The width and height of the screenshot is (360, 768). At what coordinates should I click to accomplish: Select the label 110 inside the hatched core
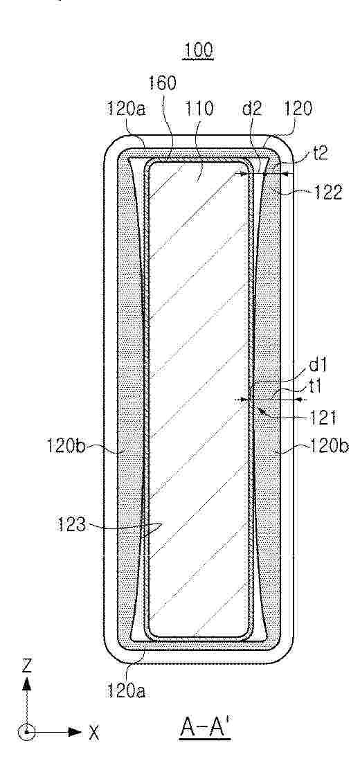click(200, 109)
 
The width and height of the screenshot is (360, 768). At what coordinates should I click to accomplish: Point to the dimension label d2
click(253, 109)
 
